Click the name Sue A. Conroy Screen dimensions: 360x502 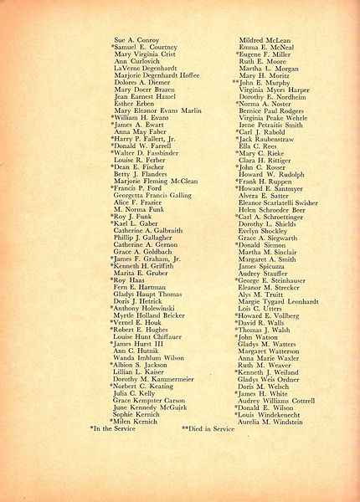coord(135,38)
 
